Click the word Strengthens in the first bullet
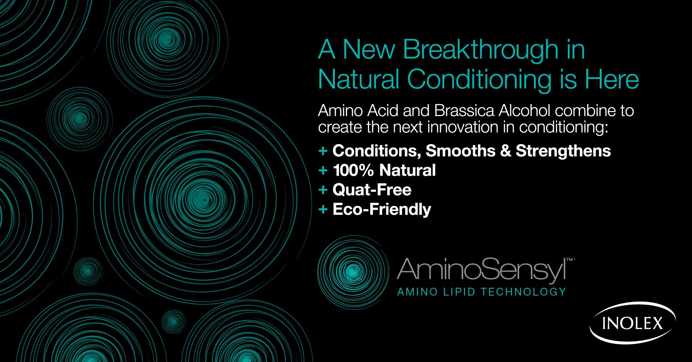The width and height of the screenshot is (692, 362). [x=563, y=151]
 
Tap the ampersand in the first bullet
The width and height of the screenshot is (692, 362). [x=506, y=151]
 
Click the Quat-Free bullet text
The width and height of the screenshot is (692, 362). [x=372, y=189]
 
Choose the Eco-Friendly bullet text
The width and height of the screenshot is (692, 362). [x=382, y=209]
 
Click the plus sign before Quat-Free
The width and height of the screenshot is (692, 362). [x=323, y=190]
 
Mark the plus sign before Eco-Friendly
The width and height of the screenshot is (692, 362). [x=323, y=209]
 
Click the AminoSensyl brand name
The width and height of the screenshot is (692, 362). [x=482, y=270]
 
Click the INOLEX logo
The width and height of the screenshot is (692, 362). [x=633, y=322]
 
